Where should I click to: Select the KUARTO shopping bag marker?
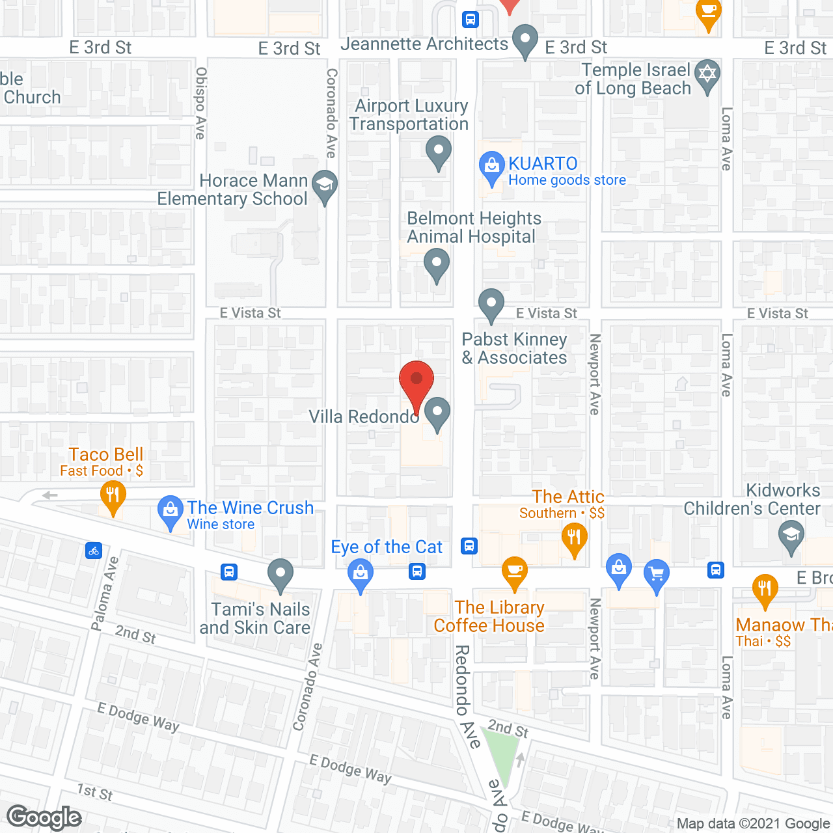click(x=491, y=167)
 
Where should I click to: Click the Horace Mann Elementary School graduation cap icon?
click(x=324, y=185)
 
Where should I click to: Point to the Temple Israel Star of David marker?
click(x=707, y=74)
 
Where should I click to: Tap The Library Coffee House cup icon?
click(x=514, y=572)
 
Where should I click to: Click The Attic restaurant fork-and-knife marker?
click(x=574, y=538)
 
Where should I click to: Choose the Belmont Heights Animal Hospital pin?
click(x=436, y=266)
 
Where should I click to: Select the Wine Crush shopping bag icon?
click(x=171, y=512)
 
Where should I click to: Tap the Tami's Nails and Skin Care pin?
click(x=280, y=575)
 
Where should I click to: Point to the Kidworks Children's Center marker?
click(x=791, y=537)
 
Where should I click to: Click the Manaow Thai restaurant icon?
click(x=765, y=590)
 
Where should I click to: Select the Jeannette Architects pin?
click(x=525, y=39)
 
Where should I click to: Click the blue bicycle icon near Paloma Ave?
click(x=94, y=551)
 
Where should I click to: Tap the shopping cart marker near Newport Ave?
click(x=657, y=575)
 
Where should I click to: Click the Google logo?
click(x=44, y=817)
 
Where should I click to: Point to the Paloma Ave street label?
click(x=104, y=594)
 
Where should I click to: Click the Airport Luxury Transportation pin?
click(x=439, y=151)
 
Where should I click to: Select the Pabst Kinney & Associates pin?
click(x=491, y=304)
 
